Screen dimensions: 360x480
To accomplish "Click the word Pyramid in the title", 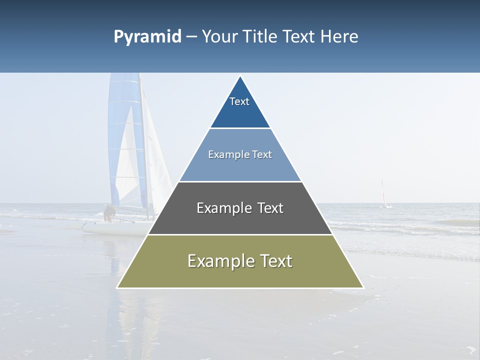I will point(147,37).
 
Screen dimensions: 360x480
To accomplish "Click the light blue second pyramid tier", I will point(240,167).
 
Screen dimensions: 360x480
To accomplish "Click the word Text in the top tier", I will point(239,101).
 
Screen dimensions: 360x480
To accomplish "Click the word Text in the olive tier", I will point(274,261).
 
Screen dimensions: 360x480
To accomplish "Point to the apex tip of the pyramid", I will point(240,77).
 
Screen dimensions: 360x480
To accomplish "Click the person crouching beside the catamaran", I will point(108,213).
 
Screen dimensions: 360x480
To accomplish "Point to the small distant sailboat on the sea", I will point(384,195).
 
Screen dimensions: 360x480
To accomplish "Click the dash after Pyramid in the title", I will point(191,37).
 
